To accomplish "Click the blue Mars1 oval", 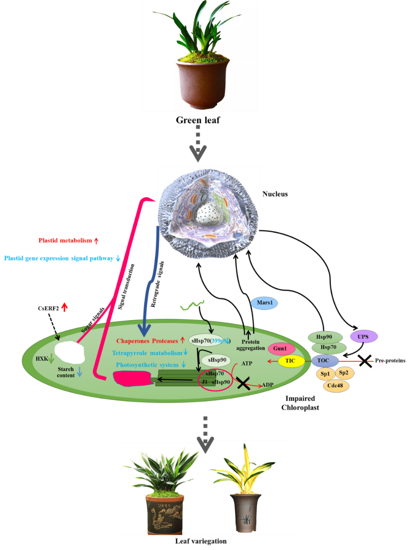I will pos(264,303).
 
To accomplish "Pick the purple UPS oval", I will pos(364,337).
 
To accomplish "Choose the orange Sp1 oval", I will pos(325,374).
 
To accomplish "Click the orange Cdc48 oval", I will pos(335,386).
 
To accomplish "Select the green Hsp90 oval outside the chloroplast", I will pos(325,337).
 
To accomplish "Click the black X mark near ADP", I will pos(243,383).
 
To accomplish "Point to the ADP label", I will pos(267,385).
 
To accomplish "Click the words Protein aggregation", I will pos(250,345).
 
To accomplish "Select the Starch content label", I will pos(66,372).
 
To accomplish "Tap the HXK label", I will pos(42,359).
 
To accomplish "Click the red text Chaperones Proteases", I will pos(147,341).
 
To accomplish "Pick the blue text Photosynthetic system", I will pos(147,365).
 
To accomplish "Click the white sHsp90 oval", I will pos(217,360).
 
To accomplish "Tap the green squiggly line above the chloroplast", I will pos(192,305).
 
